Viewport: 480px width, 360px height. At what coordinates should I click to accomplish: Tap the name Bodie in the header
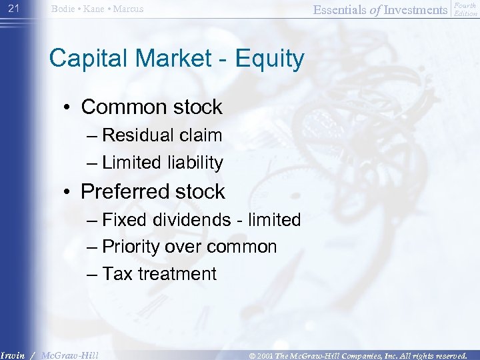pyautogui.click(x=63, y=9)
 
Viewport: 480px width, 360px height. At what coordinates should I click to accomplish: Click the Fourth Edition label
pyautogui.click(x=465, y=9)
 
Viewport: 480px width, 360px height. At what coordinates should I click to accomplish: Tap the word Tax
pyautogui.click(x=117, y=274)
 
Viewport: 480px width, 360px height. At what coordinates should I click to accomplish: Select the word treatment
pyautogui.click(x=177, y=274)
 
